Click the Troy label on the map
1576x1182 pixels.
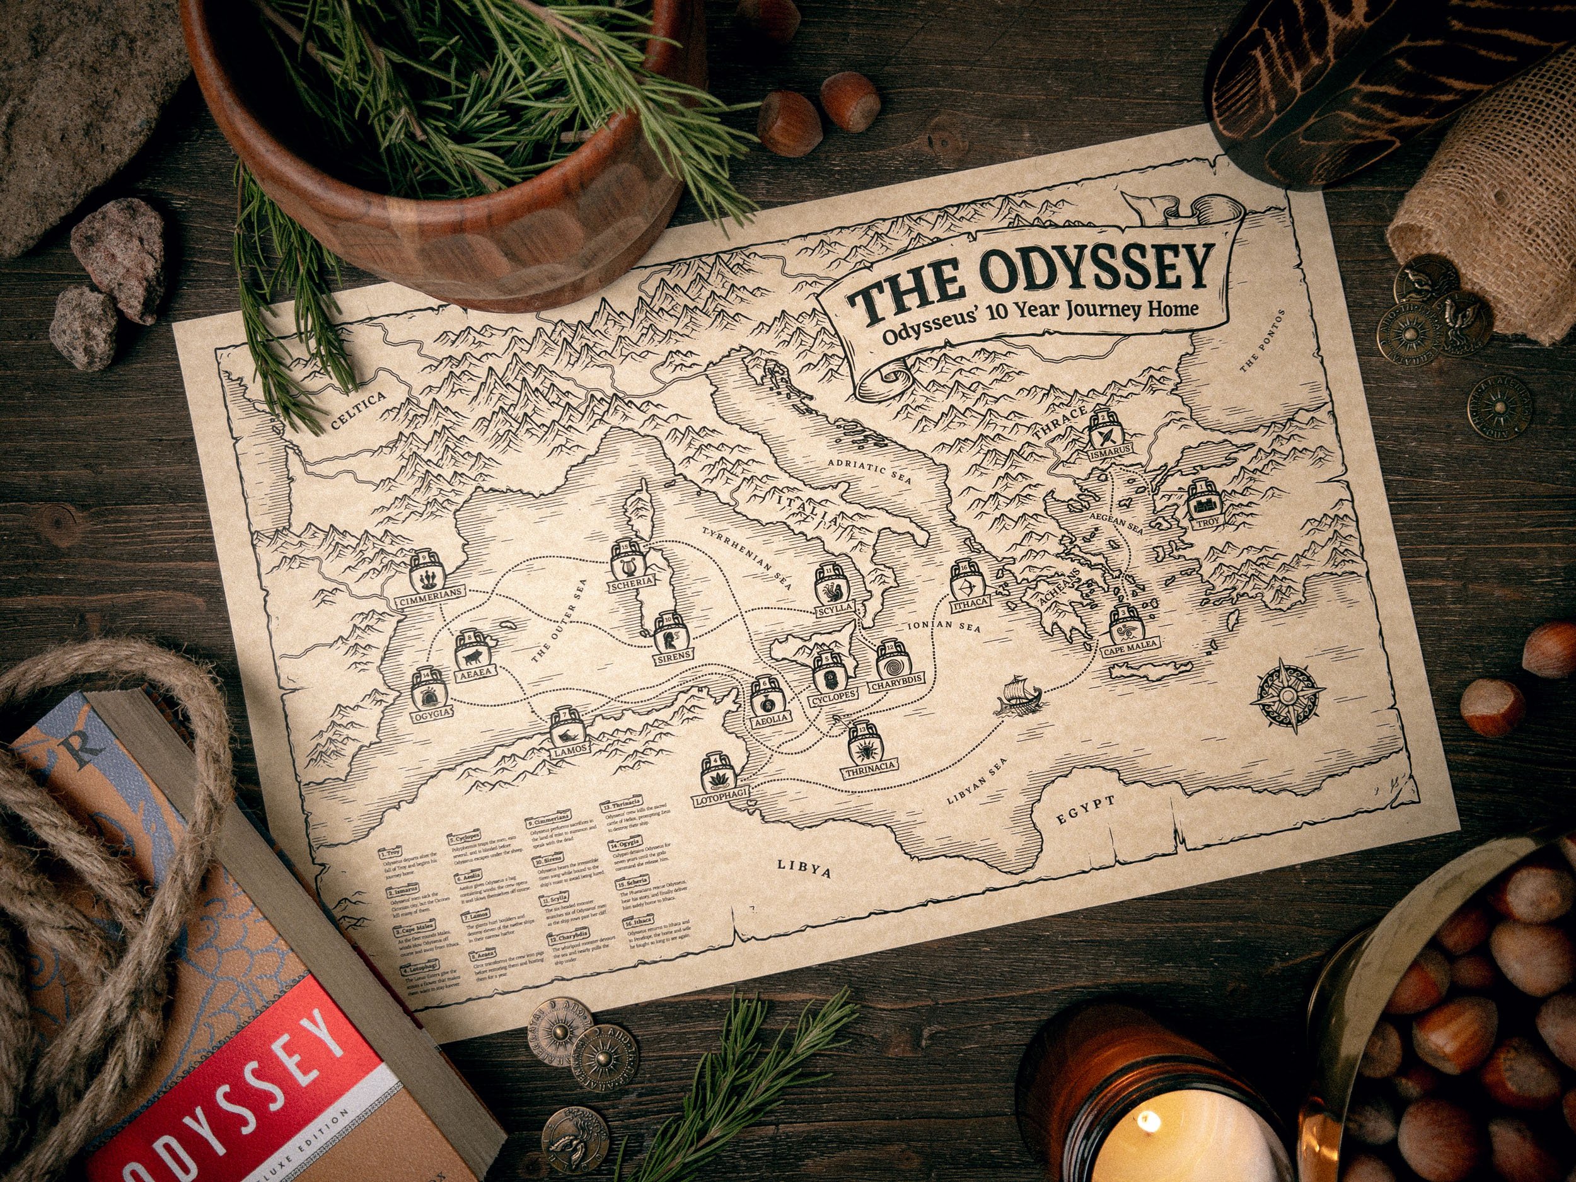coord(1207,542)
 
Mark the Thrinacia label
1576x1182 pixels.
coord(869,771)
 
